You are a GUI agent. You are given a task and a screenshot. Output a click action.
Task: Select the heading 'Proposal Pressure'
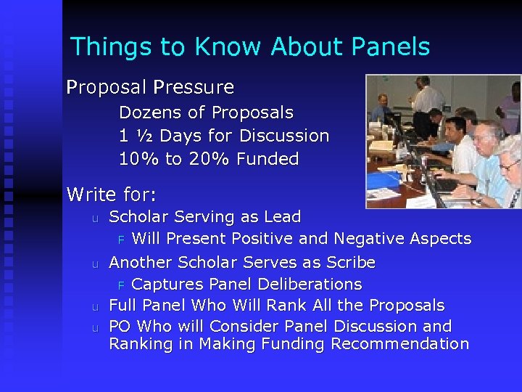coord(150,88)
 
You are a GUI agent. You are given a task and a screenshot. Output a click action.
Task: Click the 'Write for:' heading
coord(112,195)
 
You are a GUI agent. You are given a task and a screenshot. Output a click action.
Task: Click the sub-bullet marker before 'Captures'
coord(122,285)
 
